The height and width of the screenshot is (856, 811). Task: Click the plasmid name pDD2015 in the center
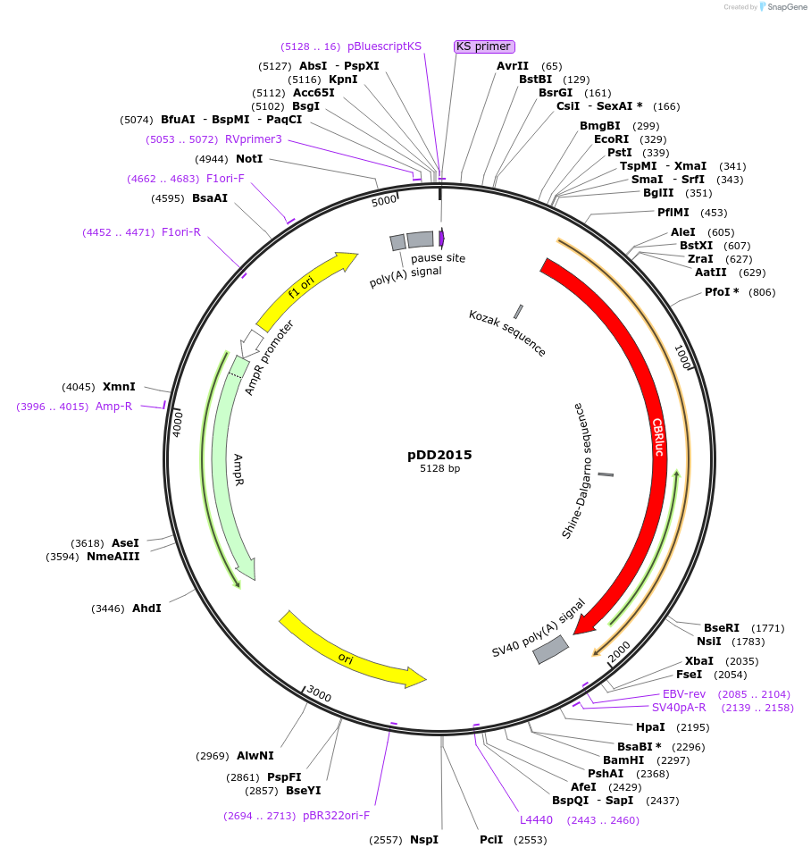[439, 455]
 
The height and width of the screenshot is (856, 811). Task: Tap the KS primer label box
[484, 46]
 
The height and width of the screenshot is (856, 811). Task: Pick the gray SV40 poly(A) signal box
[550, 650]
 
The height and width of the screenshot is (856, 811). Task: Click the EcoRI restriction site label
[611, 139]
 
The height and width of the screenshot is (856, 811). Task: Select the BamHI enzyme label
[623, 760]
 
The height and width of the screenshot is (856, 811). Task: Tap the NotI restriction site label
[249, 159]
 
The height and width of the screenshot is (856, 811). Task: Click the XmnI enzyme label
[119, 387]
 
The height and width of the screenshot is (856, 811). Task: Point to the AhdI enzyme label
[146, 608]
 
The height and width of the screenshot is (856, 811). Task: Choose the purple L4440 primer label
[536, 820]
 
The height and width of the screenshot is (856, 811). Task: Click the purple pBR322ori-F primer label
[336, 816]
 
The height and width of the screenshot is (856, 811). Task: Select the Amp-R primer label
[113, 407]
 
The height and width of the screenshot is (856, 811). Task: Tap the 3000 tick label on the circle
[319, 693]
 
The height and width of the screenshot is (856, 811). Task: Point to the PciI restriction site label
[491, 840]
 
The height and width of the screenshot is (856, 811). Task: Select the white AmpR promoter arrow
[253, 340]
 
